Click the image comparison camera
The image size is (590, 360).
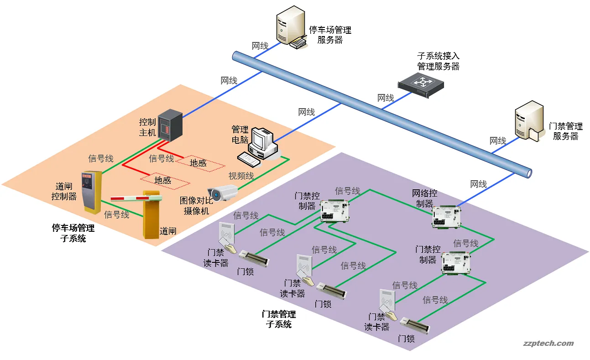223,193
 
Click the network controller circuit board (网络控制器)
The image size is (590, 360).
447,217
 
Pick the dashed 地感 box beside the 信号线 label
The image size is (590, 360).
198,163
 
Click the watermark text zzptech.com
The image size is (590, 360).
548,344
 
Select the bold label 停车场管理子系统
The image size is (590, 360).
73,233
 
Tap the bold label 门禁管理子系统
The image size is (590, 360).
278,319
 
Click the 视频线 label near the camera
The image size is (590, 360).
241,176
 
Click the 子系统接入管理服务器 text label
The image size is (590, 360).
438,61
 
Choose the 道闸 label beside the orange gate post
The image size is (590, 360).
168,231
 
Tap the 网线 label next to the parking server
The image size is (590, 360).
260,46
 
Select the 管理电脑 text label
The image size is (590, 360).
240,135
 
